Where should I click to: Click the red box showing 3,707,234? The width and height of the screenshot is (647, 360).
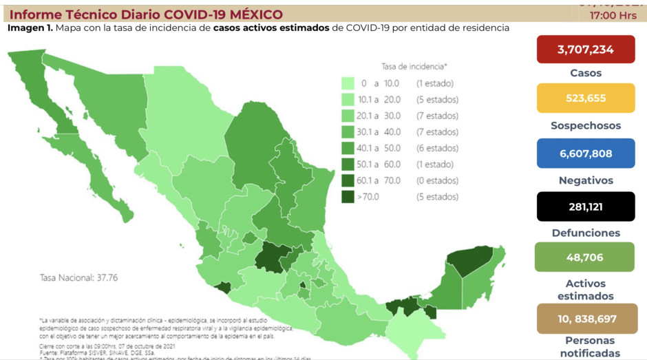pyautogui.click(x=586, y=49)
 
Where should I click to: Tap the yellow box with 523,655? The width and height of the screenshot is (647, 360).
pyautogui.click(x=586, y=98)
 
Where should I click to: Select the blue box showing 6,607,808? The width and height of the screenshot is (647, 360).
pyautogui.click(x=586, y=153)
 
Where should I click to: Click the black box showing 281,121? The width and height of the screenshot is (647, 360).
pyautogui.click(x=586, y=207)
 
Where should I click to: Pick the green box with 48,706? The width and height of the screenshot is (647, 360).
pyautogui.click(x=586, y=257)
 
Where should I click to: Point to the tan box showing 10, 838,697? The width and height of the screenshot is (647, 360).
pyautogui.click(x=586, y=319)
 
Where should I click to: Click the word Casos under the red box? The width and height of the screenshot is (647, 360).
pyautogui.click(x=586, y=73)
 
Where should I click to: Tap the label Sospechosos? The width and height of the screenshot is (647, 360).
pyautogui.click(x=586, y=126)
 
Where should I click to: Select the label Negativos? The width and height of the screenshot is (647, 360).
pyautogui.click(x=586, y=180)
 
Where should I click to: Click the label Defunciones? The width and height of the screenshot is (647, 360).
pyautogui.click(x=586, y=233)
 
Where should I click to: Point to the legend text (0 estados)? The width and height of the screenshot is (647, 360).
pyautogui.click(x=436, y=180)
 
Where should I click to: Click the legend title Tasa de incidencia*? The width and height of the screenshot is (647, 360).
pyautogui.click(x=414, y=67)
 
